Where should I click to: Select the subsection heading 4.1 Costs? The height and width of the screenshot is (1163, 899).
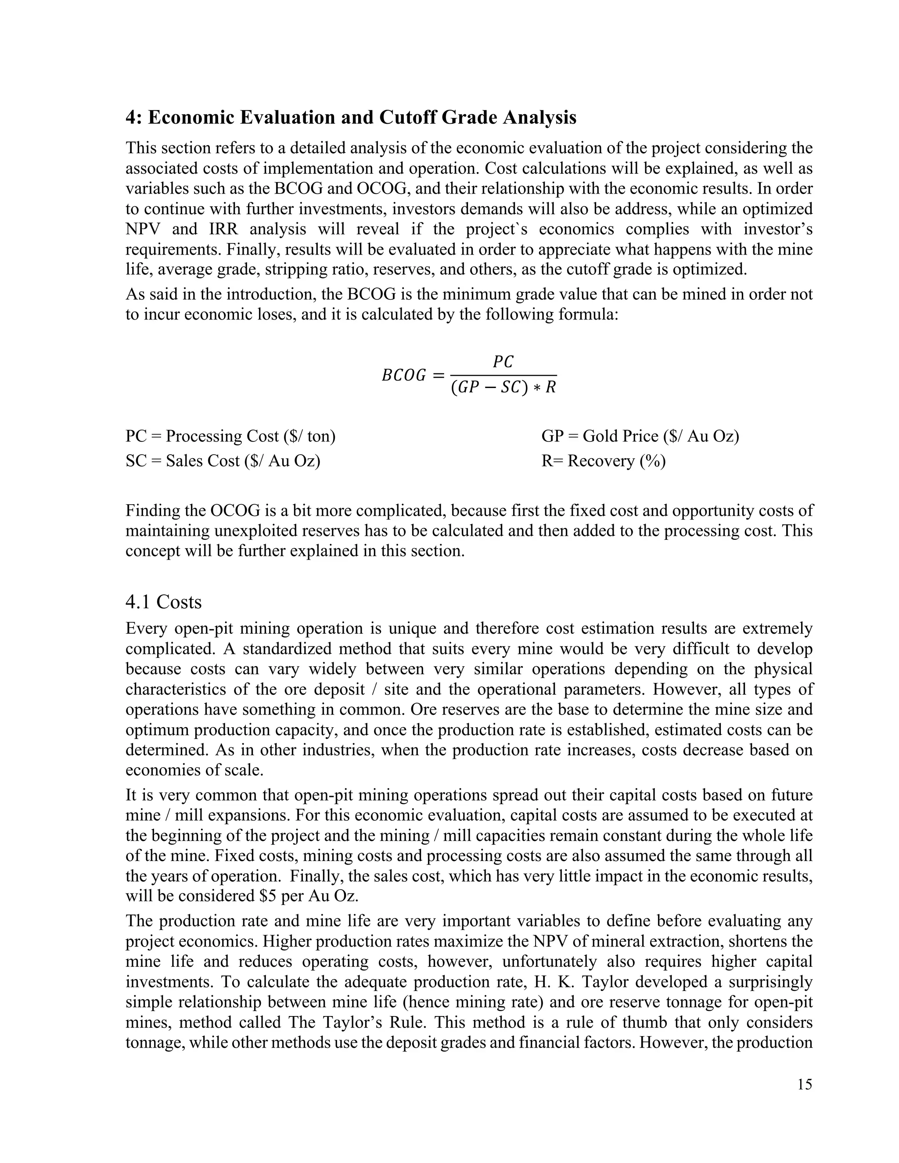tap(163, 602)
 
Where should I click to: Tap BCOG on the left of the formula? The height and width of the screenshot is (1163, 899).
tap(404, 376)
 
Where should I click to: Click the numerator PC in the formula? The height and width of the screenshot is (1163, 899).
tap(503, 362)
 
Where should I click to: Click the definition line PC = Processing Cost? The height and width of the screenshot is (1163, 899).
tap(230, 436)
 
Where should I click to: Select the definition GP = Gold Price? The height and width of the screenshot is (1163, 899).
tap(640, 436)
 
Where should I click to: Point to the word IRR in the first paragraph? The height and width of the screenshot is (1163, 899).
tap(224, 229)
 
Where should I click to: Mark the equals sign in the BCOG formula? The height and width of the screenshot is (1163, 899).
tap(437, 376)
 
